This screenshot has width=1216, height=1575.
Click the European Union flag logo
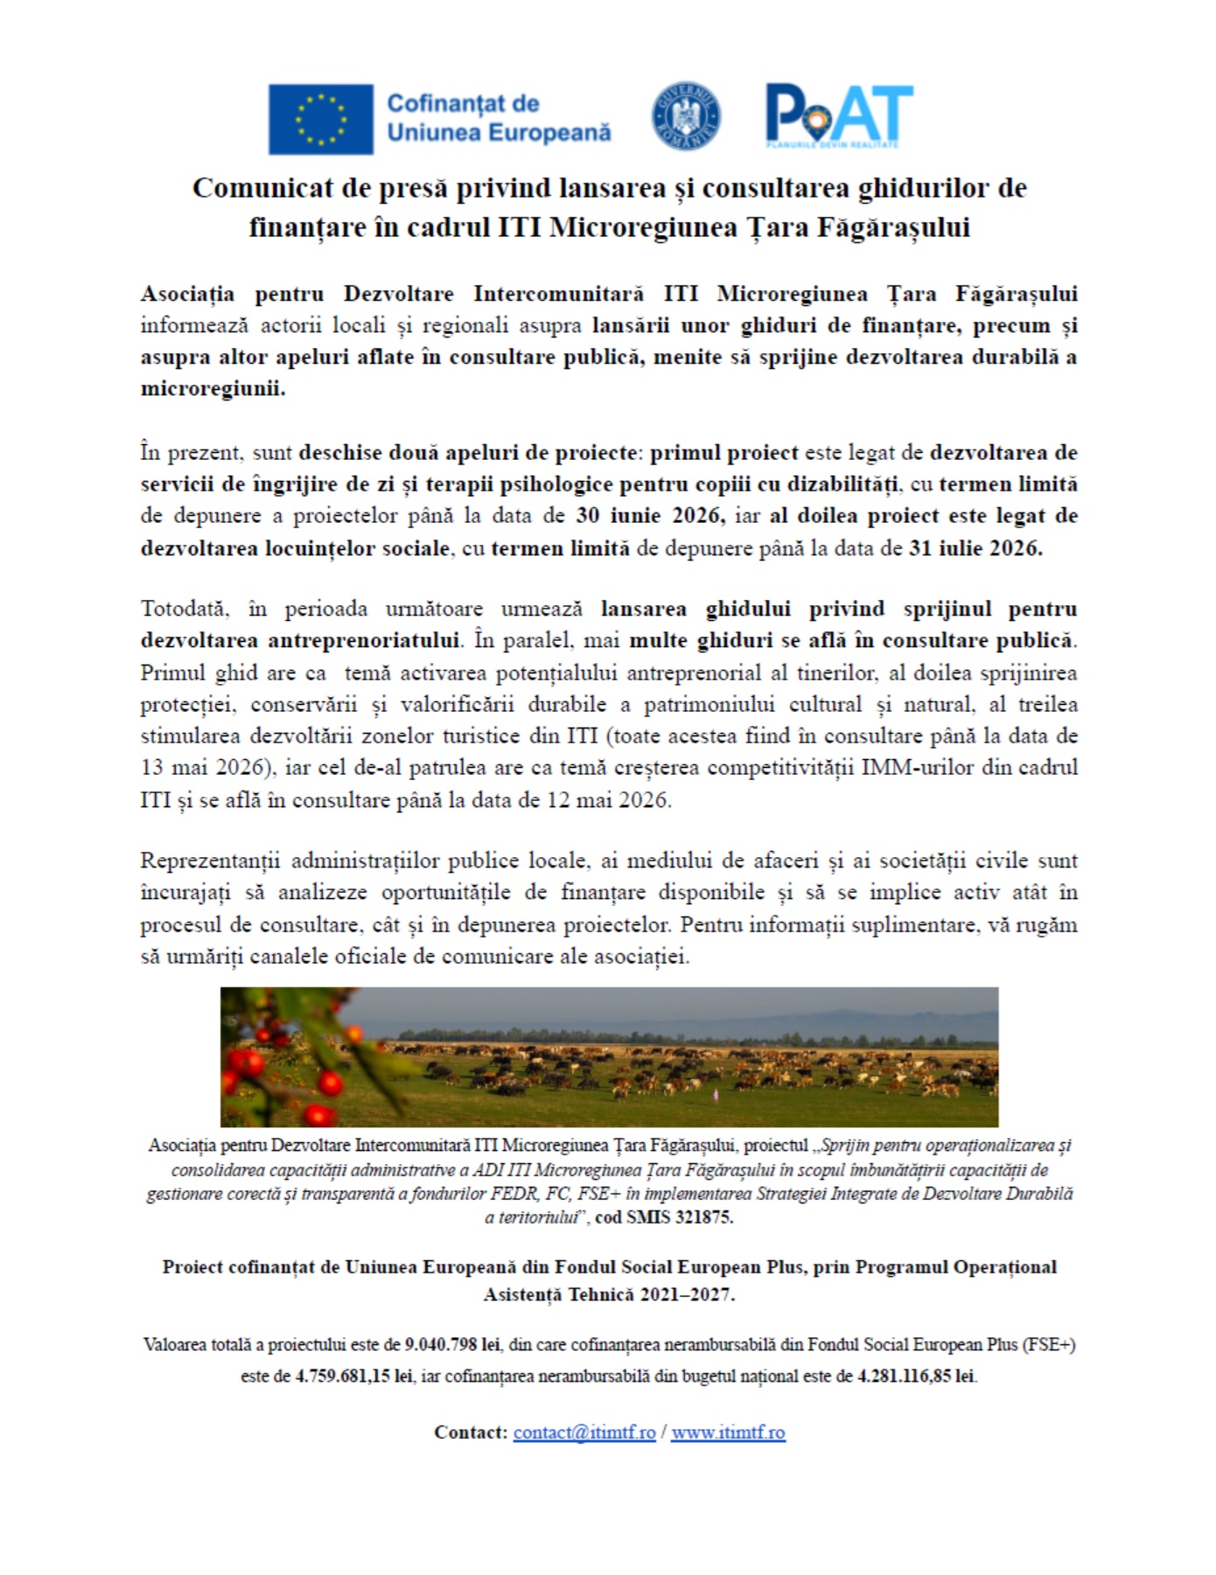320,119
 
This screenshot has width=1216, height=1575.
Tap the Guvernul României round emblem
686,115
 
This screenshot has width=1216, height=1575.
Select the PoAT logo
838,115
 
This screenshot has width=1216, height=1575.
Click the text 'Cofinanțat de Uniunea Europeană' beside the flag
498,118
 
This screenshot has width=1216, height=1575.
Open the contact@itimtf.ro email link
584,1432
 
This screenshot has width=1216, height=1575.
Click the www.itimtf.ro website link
728,1432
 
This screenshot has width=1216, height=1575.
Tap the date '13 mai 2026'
202,768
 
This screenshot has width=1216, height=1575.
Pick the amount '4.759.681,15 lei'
353,1376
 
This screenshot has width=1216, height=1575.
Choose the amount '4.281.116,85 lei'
916,1376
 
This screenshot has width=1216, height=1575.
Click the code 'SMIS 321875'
679,1217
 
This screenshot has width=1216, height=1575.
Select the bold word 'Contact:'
471,1432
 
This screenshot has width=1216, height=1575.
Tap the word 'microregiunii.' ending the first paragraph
213,388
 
